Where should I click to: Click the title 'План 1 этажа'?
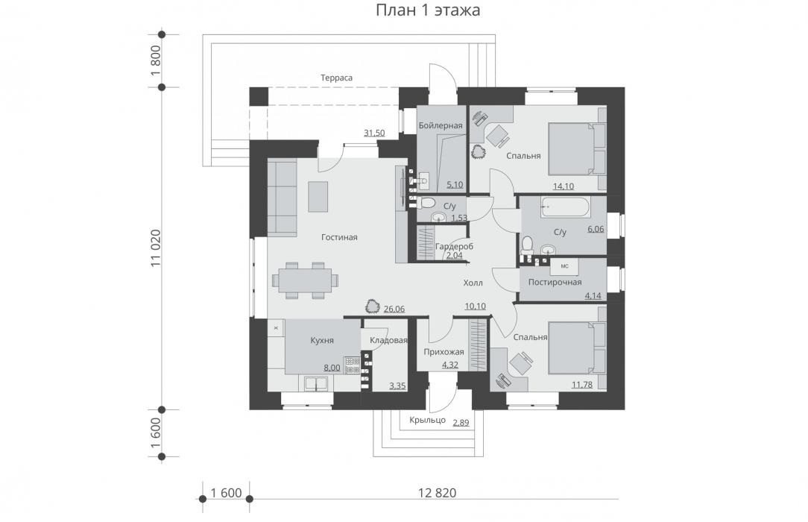click(x=428, y=10)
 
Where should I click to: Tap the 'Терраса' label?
click(x=336, y=78)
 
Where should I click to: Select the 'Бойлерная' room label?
click(x=441, y=126)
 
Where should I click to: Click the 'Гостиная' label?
click(x=339, y=238)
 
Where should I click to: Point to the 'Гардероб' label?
click(x=454, y=246)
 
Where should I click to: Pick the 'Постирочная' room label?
click(x=555, y=283)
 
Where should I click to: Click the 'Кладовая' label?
click(x=388, y=340)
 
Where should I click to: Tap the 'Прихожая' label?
click(x=444, y=353)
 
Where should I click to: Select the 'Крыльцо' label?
click(x=427, y=420)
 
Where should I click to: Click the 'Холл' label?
click(x=473, y=283)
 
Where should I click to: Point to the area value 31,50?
click(x=374, y=133)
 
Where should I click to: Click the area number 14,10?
click(x=564, y=186)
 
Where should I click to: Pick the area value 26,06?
click(x=394, y=309)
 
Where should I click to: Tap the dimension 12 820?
click(x=437, y=493)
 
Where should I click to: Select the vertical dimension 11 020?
click(x=156, y=248)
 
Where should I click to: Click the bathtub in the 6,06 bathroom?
click(x=565, y=207)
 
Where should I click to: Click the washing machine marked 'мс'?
click(x=564, y=266)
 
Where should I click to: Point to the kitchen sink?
click(x=316, y=383)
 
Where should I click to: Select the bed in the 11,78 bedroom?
click(x=577, y=348)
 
